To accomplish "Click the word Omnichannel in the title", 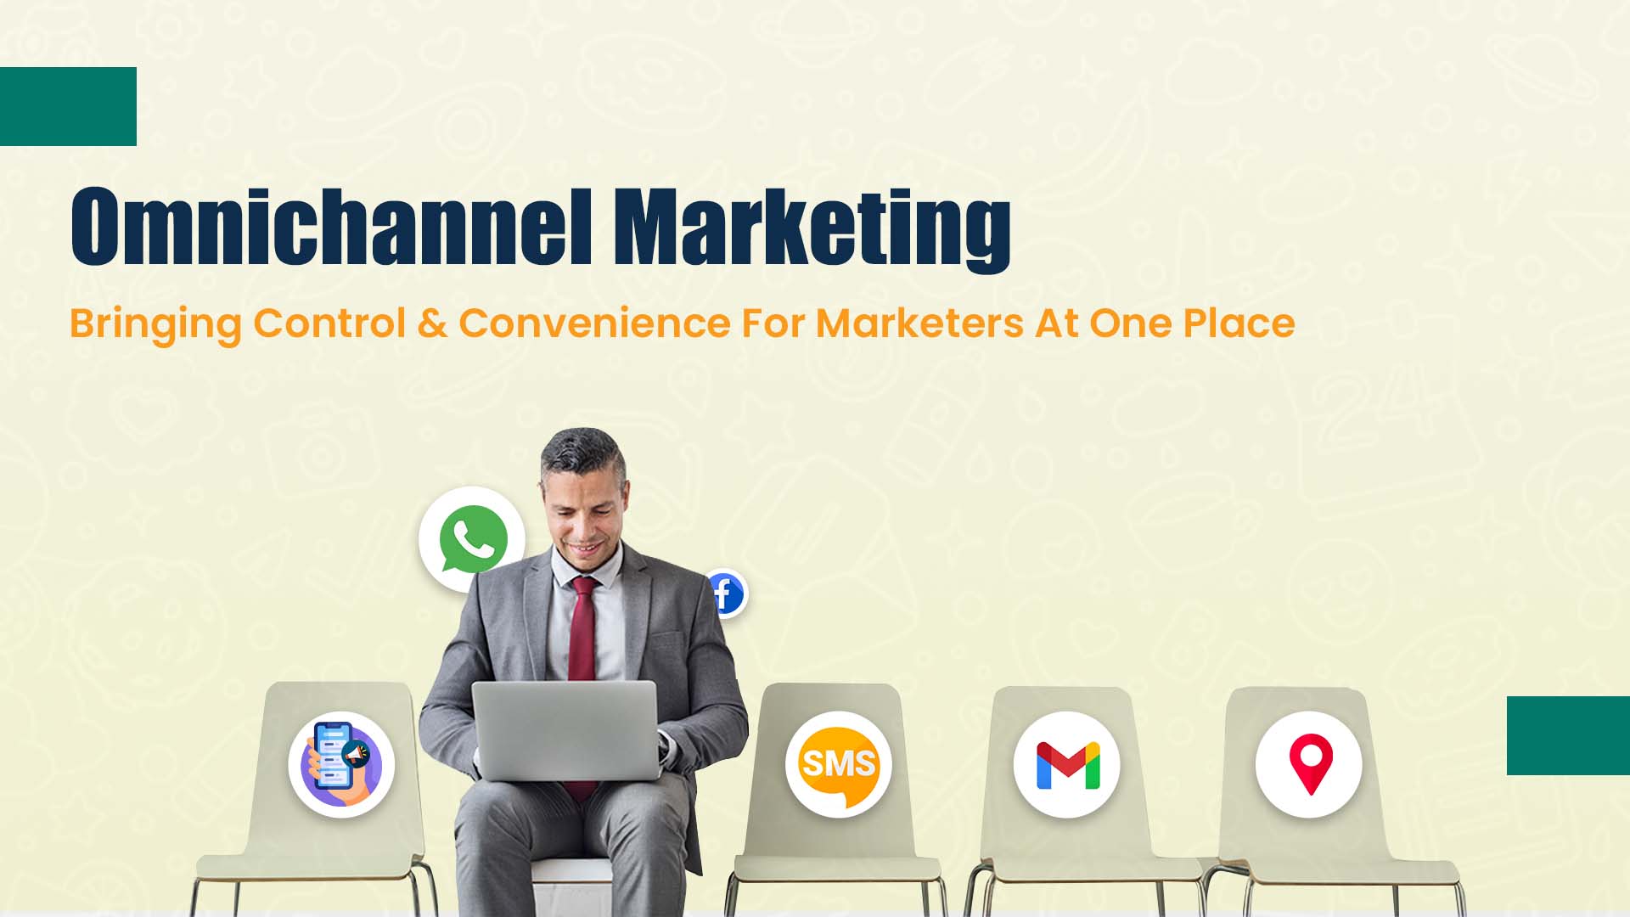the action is pos(331,226).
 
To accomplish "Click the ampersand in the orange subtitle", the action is pos(432,323).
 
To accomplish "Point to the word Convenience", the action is pos(594,323).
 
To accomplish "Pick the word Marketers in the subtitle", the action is pos(919,323).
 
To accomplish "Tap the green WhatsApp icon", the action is pos(473,539).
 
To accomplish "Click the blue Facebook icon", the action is pos(725,593).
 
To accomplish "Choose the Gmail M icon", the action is pos(1067,765).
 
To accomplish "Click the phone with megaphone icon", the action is pos(340,764).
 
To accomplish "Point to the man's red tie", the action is pos(582,645).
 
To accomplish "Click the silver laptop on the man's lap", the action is pos(565,730).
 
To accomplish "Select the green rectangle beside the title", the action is pos(68,106).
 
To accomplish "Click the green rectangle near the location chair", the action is pos(1568,735).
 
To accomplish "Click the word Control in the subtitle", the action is pos(329,323).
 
